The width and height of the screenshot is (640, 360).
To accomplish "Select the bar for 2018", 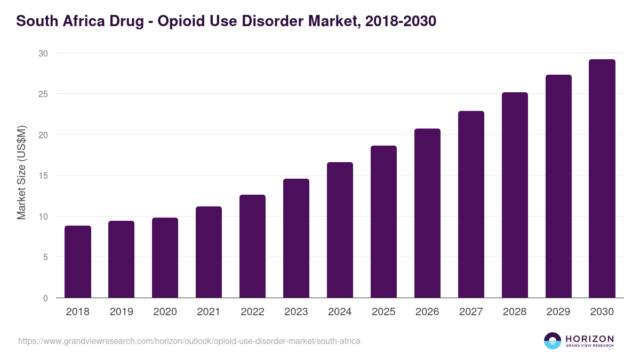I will coord(78,262).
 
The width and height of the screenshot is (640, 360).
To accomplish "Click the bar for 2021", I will coord(209,252).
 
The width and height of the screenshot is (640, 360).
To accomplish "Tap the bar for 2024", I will coord(340,230).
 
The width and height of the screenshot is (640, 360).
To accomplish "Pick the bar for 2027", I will coord(471,204).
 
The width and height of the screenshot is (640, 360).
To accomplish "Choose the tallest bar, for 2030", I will coord(602,179).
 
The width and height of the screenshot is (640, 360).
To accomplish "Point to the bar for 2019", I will coord(122,259).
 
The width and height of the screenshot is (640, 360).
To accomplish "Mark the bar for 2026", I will coord(427,213).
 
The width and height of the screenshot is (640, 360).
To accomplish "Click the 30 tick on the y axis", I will coord(43,53).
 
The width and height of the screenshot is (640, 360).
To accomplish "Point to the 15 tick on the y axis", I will coord(43,175).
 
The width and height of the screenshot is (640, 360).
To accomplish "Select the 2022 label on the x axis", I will coord(252,312).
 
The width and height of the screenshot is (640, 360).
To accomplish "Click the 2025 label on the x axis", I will coord(383,312).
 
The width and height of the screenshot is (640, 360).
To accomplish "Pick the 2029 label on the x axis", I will coord(558,312).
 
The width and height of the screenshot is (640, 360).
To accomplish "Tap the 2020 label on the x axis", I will coord(165,312).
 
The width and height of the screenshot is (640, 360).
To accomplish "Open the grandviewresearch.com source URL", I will coord(189,341).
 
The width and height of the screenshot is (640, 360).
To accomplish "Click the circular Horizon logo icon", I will coord(553,341).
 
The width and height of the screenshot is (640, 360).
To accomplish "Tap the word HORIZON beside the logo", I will coord(590,339).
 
